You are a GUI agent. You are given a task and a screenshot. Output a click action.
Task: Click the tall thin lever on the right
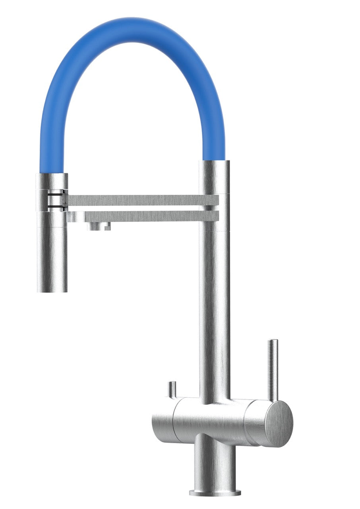(273, 370)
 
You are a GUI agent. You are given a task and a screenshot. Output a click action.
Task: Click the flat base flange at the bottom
(215, 493)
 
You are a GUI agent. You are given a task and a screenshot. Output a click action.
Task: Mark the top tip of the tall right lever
(273, 341)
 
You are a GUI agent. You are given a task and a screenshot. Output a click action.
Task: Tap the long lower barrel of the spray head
(52, 254)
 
